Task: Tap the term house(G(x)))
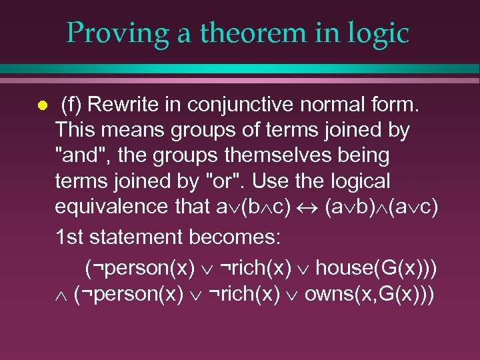pos(377,267)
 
